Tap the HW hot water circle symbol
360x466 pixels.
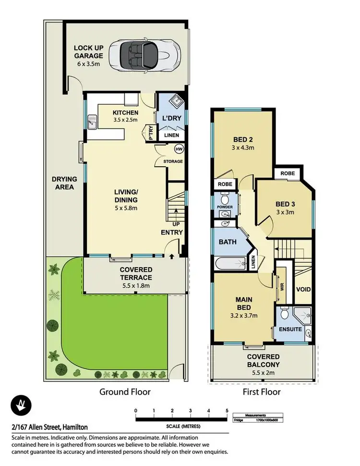tap(179, 148)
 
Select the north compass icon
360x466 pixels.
tap(21, 406)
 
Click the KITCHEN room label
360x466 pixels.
tap(125, 113)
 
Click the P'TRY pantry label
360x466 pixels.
tap(150, 135)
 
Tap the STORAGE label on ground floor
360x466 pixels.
tap(173, 161)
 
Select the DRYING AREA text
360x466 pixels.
tap(64, 183)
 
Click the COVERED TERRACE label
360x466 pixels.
tap(136, 274)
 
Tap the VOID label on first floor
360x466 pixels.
tap(303, 289)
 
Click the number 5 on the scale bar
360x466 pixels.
tap(227, 410)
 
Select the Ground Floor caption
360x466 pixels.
tap(125, 392)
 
